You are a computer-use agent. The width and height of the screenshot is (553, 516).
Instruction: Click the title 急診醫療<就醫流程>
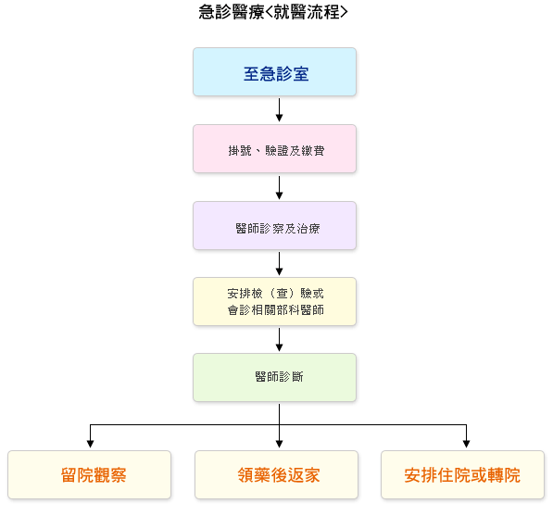pos(273,12)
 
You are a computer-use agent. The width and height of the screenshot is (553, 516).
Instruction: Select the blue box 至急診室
pos(275,72)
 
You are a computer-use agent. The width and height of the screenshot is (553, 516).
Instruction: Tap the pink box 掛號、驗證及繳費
pos(275,148)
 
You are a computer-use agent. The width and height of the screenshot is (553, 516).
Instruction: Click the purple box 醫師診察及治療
pos(275,225)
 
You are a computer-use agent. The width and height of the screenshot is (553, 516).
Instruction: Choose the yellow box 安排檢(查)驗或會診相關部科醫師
pos(275,302)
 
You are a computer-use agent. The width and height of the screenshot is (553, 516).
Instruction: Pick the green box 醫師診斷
pos(275,377)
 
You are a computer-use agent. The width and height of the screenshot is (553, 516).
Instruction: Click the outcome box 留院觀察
pos(89,474)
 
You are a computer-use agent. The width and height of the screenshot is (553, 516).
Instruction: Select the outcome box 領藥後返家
pos(276,474)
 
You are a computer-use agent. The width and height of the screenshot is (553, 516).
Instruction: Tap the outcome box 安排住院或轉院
pos(463,474)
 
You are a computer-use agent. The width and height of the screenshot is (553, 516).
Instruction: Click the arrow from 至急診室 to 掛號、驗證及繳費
pos(280,110)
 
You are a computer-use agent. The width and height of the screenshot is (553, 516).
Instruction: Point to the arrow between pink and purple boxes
pos(280,188)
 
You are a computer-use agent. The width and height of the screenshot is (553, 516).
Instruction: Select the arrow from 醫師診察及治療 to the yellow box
pos(280,264)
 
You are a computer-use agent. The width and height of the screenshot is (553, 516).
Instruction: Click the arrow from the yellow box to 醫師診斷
pos(280,340)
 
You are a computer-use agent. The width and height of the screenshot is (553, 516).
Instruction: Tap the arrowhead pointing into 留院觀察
pos(90,444)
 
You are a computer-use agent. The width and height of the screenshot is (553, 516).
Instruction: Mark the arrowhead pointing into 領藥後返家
pos(280,444)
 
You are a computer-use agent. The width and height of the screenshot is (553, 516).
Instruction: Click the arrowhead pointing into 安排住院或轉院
pos(466,444)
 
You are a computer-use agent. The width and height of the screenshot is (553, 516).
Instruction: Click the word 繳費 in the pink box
pos(312,151)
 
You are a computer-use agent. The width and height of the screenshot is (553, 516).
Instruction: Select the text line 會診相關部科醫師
pos(276,310)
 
